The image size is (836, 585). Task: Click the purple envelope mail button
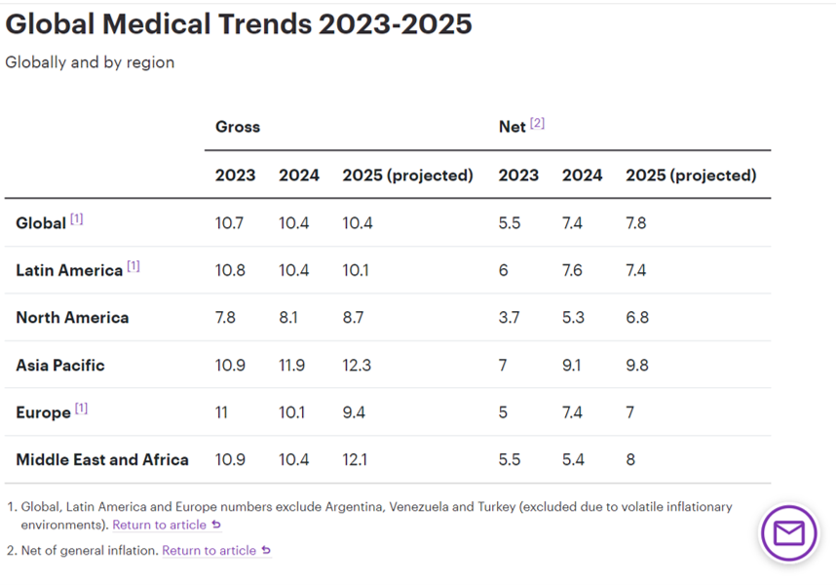coord(788,533)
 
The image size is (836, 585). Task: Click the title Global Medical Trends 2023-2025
coord(239,23)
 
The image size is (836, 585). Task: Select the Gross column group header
coord(238,127)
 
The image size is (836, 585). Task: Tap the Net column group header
coord(512,127)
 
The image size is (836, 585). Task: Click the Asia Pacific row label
coord(60,366)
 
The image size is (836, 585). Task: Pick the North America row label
coord(72,318)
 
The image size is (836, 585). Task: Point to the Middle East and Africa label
coord(102,459)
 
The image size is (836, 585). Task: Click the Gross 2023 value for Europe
coord(221,412)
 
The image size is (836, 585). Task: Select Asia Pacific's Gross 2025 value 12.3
coord(355,366)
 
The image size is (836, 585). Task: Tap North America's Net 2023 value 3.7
coord(509,318)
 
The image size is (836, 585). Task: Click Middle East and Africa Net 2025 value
coord(630,459)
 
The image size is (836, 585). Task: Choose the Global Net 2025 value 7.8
coord(635,223)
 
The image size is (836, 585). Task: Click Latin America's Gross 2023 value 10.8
coord(229,270)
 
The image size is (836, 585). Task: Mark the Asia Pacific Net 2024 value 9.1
coord(572,366)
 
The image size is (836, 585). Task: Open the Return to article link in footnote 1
coord(160,525)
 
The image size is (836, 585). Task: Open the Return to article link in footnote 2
coord(209,550)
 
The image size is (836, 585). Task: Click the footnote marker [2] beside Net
coord(537,124)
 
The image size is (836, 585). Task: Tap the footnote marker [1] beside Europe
coord(81,409)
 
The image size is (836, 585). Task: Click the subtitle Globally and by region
coord(90,62)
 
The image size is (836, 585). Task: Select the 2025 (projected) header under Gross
coord(407,175)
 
